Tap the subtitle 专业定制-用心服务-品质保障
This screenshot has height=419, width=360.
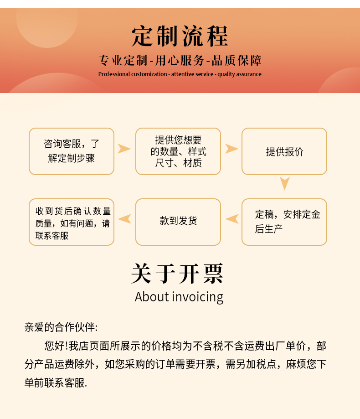pyautogui.click(x=180, y=61)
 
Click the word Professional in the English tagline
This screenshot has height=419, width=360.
pyautogui.click(x=114, y=74)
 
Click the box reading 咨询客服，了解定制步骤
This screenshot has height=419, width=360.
pyautogui.click(x=72, y=151)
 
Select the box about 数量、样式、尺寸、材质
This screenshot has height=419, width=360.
pyautogui.click(x=178, y=151)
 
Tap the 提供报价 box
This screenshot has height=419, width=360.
pyautogui.click(x=284, y=151)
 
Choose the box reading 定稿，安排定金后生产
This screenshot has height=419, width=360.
pyautogui.click(x=284, y=222)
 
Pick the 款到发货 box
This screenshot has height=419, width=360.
pyautogui.click(x=178, y=222)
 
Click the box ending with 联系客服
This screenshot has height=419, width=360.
pyautogui.click(x=72, y=222)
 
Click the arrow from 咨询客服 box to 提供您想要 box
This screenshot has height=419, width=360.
pyautogui.click(x=124, y=149)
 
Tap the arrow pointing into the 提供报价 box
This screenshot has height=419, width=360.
pyautogui.click(x=231, y=149)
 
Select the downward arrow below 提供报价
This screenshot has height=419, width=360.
pyautogui.click(x=285, y=183)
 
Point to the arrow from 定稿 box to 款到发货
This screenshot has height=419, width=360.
pyautogui.click(x=232, y=219)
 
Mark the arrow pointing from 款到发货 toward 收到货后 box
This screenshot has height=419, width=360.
pyautogui.click(x=125, y=219)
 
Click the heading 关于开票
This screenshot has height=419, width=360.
pyautogui.click(x=178, y=274)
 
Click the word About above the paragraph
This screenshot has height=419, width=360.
pyautogui.click(x=152, y=297)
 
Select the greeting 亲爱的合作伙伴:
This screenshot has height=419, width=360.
pyautogui.click(x=61, y=327)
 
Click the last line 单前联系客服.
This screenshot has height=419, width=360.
pyautogui.click(x=56, y=383)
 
